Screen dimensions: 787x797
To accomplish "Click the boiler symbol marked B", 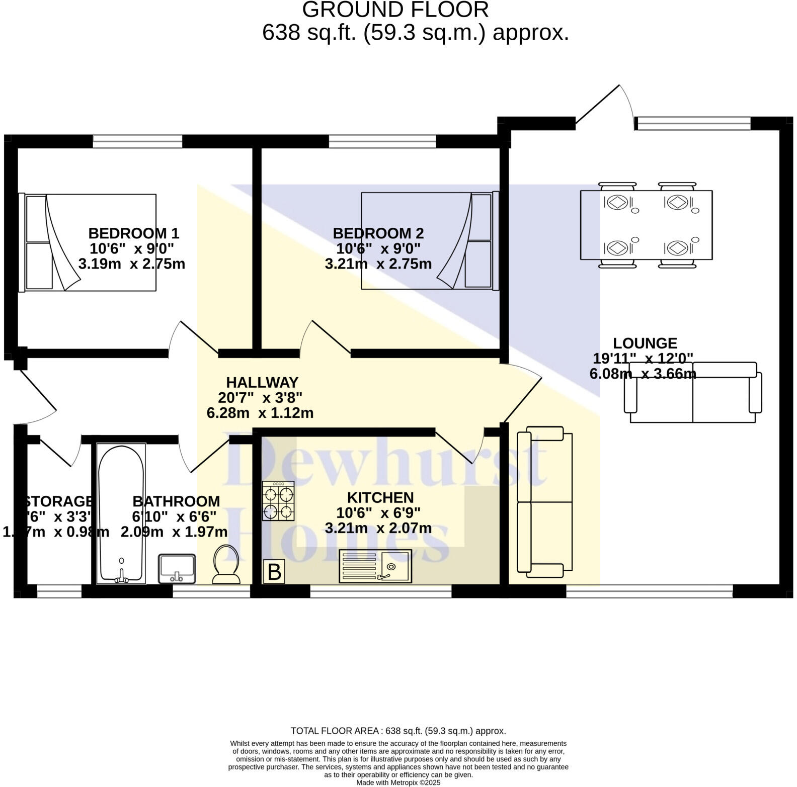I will coord(274,572).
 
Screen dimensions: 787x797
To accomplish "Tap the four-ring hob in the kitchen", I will coord(278,500).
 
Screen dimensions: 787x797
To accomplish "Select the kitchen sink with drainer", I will coord(375,566).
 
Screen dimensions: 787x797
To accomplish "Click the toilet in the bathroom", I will coord(226,565).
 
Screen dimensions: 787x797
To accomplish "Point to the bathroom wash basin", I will coord(177,569).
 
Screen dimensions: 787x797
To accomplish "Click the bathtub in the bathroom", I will coord(121,513).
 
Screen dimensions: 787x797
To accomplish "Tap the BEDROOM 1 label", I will coord(133,233).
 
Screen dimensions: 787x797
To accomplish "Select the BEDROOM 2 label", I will coord(378,233).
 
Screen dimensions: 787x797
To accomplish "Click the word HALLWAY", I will coord(262,383).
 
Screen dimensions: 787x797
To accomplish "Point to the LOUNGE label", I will coord(645,343).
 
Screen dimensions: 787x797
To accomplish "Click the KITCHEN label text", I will coord(380,498).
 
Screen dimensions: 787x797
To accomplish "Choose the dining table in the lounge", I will coord(646,225).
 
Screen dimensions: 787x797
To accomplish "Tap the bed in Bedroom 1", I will coord(88,242).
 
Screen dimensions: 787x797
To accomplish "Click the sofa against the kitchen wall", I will coord(545,502).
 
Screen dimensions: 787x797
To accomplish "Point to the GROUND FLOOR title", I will coord(395,10).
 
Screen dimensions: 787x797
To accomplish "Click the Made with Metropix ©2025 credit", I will coord(398,782).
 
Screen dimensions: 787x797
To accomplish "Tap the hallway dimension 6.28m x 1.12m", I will coord(260,413).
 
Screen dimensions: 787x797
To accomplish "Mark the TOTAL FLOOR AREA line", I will coord(398,731).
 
